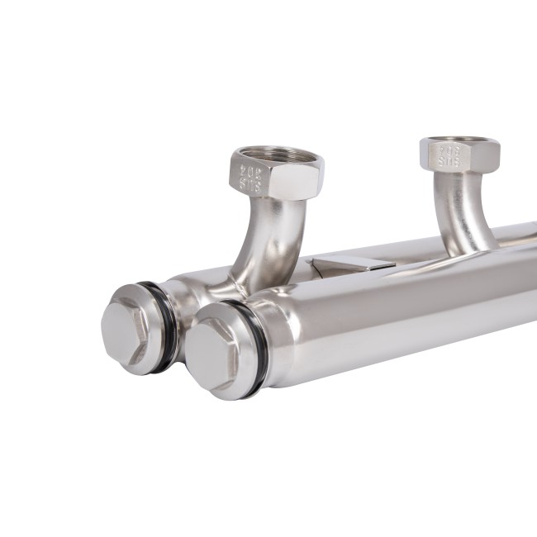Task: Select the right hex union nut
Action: (x=459, y=154)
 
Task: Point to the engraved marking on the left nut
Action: (x=250, y=178)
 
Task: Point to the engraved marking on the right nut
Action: (x=449, y=157)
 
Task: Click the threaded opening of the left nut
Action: (x=277, y=154)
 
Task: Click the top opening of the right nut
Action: (x=460, y=140)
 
